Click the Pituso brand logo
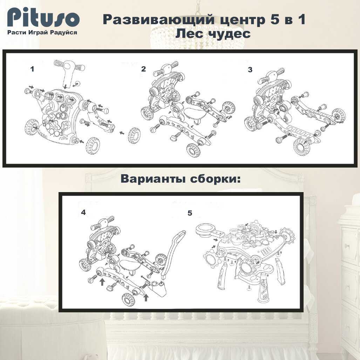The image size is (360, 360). tap(43, 18)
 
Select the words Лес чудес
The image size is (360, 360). tap(213, 34)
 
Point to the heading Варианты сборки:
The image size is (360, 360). tap(181, 179)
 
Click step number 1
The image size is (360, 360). tap(32, 69)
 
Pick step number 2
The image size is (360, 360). tap(143, 69)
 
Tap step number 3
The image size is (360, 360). tap(250, 69)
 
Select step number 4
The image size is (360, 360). tap(83, 212)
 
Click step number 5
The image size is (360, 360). tap(190, 213)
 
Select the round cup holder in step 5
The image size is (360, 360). tap(205, 230)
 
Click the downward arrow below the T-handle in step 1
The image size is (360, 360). tap(66, 86)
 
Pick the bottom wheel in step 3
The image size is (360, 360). tap(301, 147)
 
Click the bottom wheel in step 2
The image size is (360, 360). tap(194, 150)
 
